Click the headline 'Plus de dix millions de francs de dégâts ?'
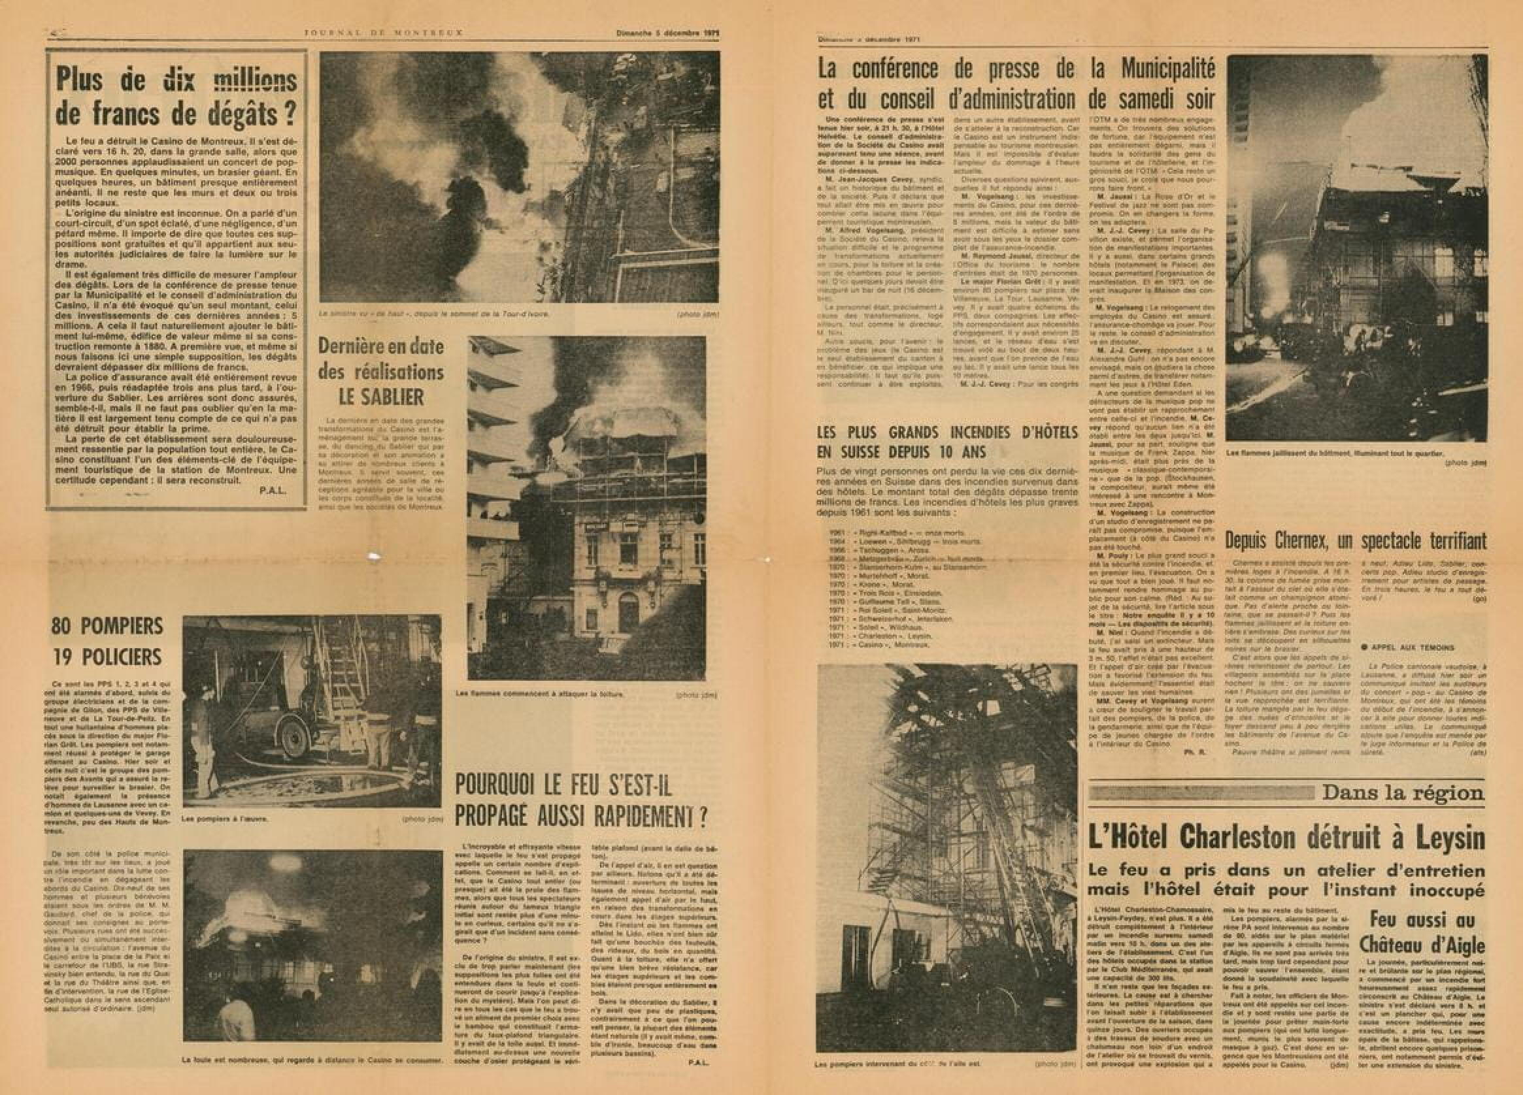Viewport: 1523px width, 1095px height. coord(176,97)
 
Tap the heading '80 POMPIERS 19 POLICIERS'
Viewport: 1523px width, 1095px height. coord(107,641)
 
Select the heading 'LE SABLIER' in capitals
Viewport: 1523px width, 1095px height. coord(380,397)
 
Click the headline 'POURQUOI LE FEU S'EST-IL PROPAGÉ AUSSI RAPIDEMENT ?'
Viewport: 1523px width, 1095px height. coord(581,802)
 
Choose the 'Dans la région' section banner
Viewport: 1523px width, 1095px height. coord(1403,793)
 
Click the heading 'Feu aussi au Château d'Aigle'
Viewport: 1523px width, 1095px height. coord(1421,932)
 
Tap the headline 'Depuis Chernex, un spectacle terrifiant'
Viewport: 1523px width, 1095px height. coord(1355,541)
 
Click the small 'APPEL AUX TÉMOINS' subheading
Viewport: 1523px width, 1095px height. coord(1401,648)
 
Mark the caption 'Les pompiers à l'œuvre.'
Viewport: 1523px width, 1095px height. coord(224,819)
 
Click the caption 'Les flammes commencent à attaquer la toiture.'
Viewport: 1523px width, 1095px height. coord(539,695)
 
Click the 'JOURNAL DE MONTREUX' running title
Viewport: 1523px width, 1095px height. coord(384,31)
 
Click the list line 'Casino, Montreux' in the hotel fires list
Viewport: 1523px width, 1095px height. coord(880,644)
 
